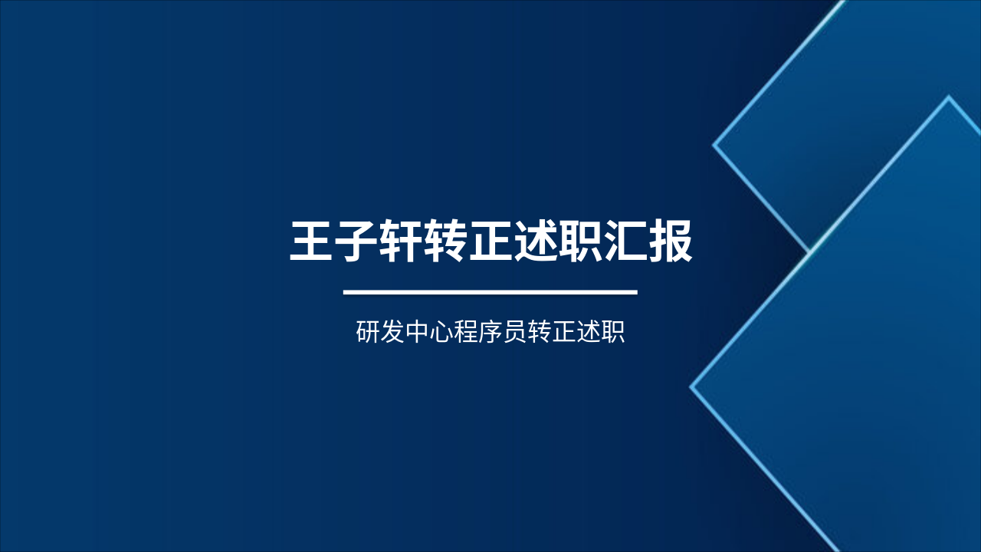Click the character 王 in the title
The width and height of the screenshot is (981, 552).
pos(312,242)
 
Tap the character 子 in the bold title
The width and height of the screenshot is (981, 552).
pos(357,242)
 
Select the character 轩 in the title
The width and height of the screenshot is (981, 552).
pos(402,242)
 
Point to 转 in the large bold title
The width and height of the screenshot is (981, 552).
pos(447,242)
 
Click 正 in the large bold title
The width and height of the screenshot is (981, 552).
pos(491,242)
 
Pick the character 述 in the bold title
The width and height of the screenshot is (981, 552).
pos(536,242)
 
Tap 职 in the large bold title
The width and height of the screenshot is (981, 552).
pos(581,242)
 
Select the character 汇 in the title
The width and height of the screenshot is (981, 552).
pos(626,242)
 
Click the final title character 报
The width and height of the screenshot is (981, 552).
pos(671,242)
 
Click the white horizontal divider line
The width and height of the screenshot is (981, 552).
pos(490,292)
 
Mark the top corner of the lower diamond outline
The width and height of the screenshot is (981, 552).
pos(949,97)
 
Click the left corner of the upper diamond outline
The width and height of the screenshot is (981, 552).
pos(714,143)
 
